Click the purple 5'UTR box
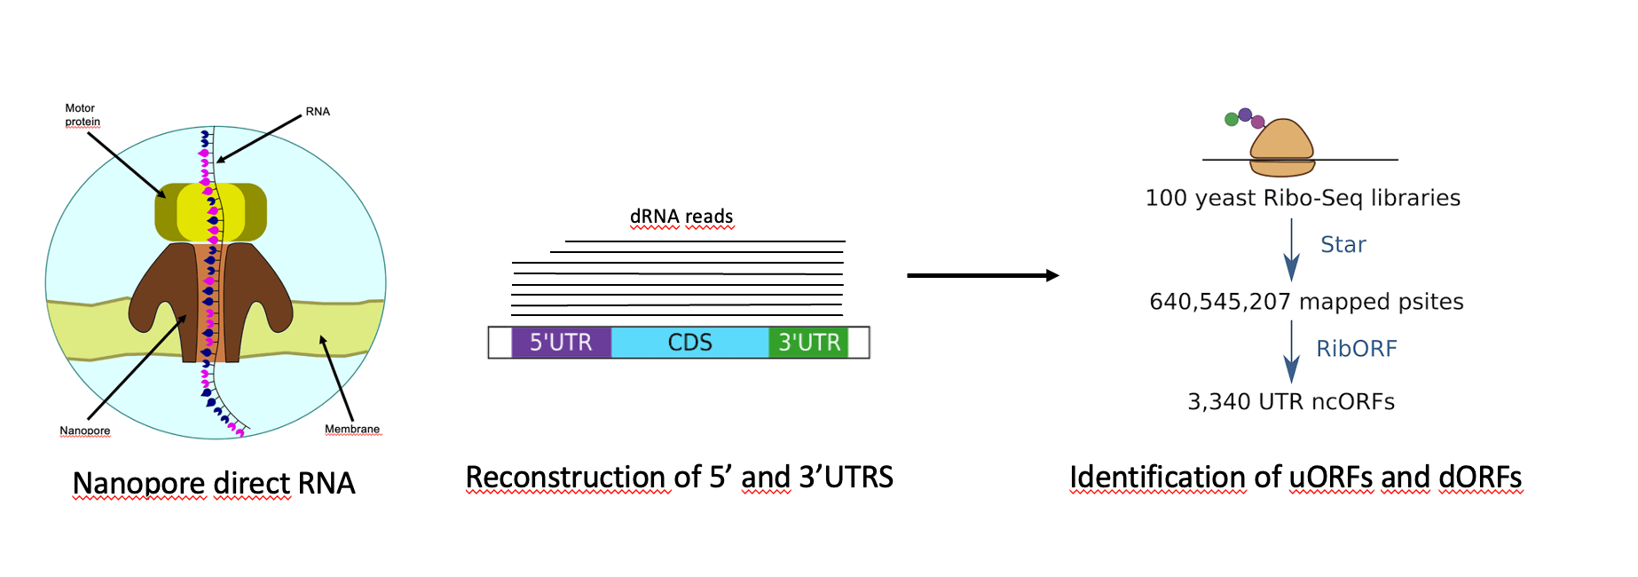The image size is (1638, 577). coord(561,343)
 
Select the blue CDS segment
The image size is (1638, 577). coord(689,343)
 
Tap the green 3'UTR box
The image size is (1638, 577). coord(808,343)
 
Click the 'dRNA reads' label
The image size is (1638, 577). coord(681,217)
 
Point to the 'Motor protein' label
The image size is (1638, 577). coord(82,115)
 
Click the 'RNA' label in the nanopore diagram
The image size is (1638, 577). coord(318,112)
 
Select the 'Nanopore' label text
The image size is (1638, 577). coord(85,431)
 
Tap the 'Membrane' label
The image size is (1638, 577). coord(352,429)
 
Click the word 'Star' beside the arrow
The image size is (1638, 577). coord(1343,245)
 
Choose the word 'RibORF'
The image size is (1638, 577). coord(1356,349)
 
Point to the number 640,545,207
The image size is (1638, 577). coord(1219,302)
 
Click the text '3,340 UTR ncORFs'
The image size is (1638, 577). coord(1291,402)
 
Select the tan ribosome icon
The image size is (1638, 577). coord(1282,146)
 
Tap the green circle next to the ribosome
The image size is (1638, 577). coord(1232,119)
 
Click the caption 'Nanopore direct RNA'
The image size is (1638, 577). coord(214,484)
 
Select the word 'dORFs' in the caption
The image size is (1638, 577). coord(1479,478)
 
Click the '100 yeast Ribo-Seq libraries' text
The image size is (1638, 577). coord(1303,198)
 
